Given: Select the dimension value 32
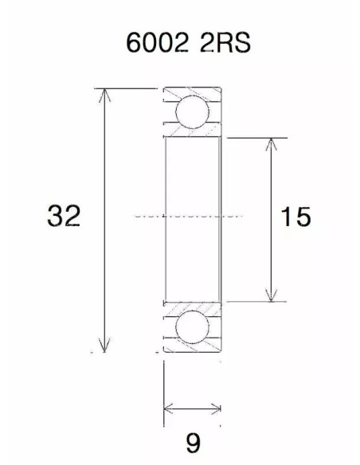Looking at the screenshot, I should pyautogui.click(x=64, y=216).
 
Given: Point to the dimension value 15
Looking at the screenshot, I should pyautogui.click(x=295, y=216).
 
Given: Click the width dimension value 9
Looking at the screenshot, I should pyautogui.click(x=191, y=440).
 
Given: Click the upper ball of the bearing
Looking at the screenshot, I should pyautogui.click(x=191, y=111).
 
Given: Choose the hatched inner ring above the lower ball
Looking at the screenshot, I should pyautogui.click(x=191, y=307).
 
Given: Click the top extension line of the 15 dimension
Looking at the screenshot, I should pyautogui.click(x=255, y=138).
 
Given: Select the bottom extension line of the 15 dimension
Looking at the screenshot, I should pyautogui.click(x=255, y=302).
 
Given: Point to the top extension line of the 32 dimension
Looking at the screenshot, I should pyautogui.click(x=127, y=88).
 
